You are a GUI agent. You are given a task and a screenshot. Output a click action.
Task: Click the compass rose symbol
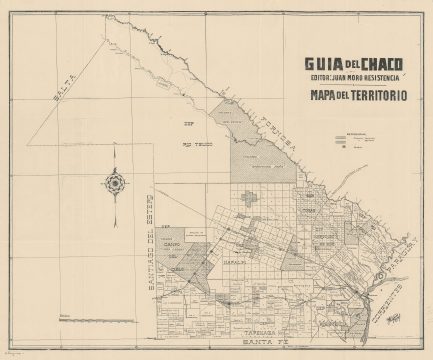(113, 183)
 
